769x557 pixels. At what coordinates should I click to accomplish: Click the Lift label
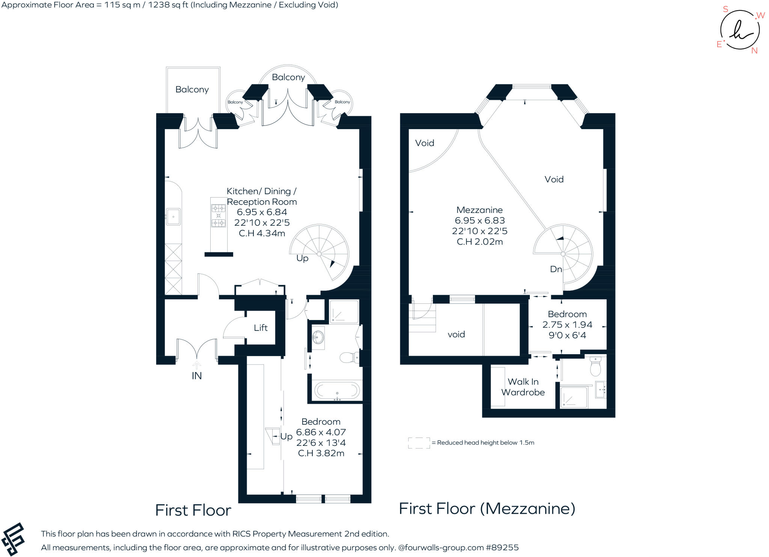pos(261,328)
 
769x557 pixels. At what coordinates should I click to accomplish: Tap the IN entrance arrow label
pos(197,376)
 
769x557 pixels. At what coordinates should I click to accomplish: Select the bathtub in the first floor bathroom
pos(337,391)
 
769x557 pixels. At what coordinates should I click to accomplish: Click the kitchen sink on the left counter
pos(173,217)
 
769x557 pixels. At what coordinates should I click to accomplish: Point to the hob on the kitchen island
pos(219,216)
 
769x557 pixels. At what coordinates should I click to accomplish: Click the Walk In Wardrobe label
pos(523,387)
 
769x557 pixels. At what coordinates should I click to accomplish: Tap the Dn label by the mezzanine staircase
pos(556,269)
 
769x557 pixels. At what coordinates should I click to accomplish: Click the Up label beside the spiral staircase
pos(302,258)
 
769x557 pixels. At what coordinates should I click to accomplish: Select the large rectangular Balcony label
pos(192,89)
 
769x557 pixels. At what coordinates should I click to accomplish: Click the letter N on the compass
pos(754,51)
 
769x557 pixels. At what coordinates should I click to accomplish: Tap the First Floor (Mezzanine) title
pos(487,509)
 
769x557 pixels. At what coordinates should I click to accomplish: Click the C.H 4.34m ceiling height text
pos(262,233)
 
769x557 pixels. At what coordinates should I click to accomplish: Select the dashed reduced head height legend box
pos(419,443)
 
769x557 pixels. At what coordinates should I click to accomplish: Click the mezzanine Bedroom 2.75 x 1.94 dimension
pos(567,325)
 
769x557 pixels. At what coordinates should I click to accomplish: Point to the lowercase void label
pos(456,335)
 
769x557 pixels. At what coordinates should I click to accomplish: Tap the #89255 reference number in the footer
pos(502,548)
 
